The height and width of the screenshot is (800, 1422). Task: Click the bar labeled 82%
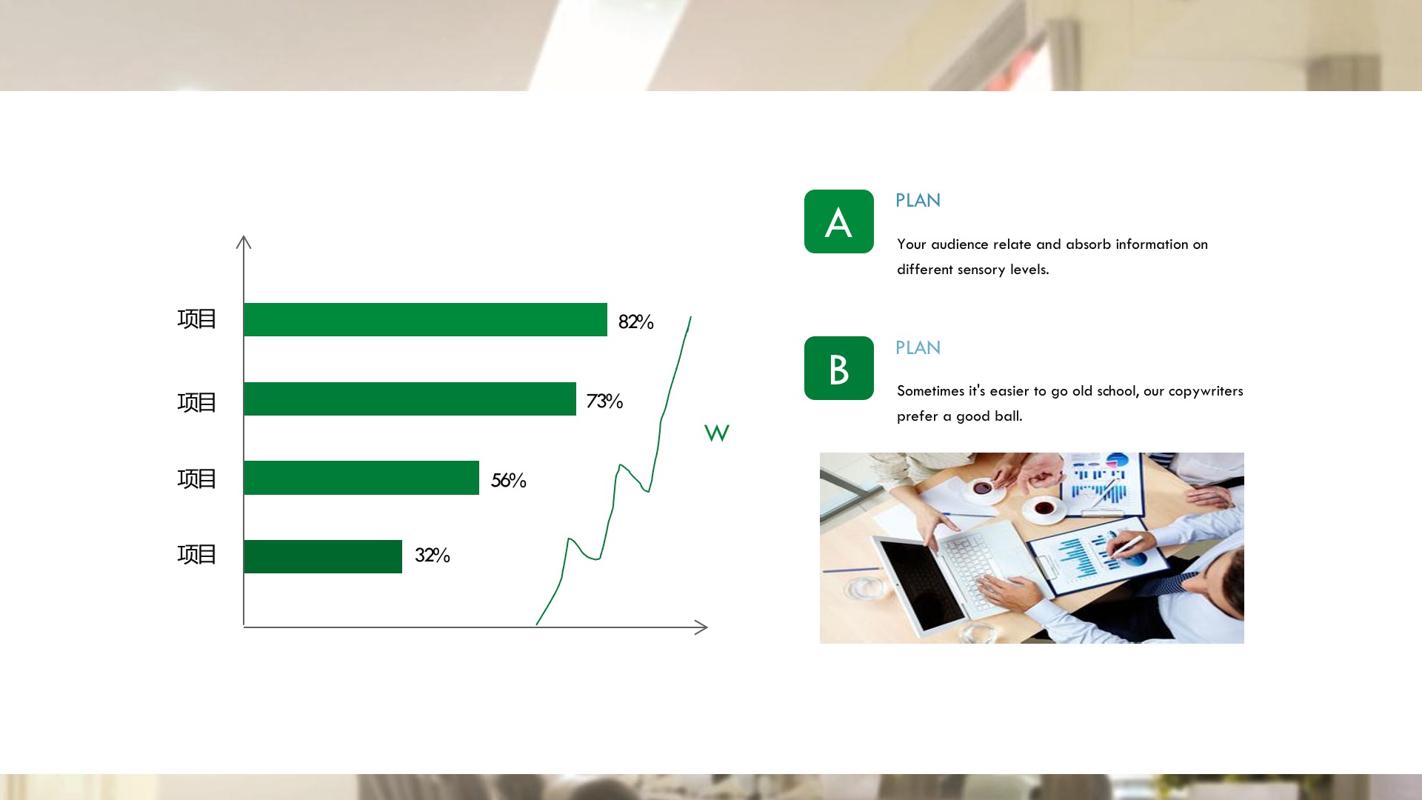pos(425,319)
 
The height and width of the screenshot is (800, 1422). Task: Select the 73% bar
pos(410,399)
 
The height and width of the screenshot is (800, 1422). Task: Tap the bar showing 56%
pos(361,478)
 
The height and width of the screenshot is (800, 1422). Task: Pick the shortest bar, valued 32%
pos(323,556)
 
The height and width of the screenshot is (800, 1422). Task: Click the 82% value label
pos(635,322)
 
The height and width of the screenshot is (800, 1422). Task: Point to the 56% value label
pos(508,481)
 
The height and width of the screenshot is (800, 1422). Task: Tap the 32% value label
pos(432,556)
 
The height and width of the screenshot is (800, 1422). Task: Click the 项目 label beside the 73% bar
pos(196,402)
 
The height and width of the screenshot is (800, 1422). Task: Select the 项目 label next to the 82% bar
pos(196,319)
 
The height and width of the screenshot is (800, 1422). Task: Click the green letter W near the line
pos(717,433)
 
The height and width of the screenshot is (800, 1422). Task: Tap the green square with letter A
pos(839,221)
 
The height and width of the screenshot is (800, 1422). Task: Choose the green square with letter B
pos(839,368)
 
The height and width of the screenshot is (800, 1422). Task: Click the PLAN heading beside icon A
pos(918,201)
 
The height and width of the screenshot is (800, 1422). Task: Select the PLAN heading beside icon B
pos(918,348)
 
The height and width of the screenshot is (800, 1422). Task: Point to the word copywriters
pos(1206,392)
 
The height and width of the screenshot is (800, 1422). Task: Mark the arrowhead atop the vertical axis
pos(244,241)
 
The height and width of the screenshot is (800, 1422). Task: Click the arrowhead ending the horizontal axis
pos(701,627)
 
